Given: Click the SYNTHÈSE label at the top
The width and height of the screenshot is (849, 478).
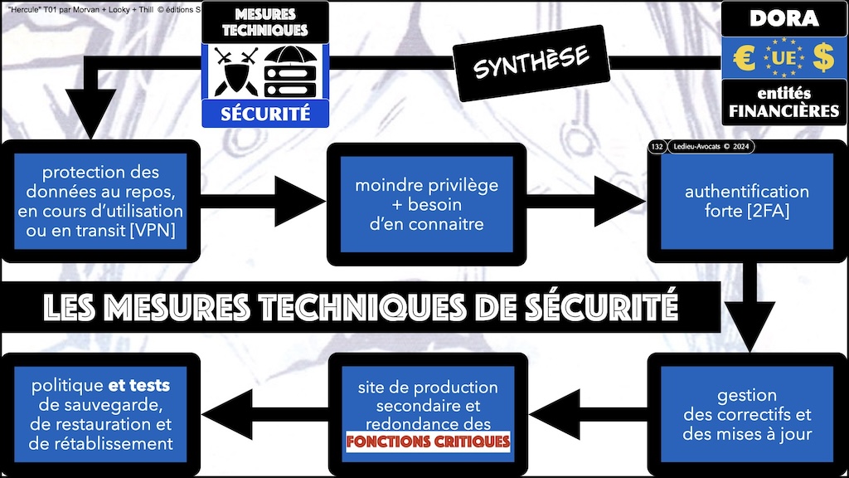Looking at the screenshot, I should pos(531,62).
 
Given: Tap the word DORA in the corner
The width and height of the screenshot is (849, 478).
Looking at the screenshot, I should pos(784,18).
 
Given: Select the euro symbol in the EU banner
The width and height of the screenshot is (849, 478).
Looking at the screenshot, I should pos(744,58).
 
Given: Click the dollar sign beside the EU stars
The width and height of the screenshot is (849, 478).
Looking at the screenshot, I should pos(822,58).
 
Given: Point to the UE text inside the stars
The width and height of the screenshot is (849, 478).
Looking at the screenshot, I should pos(784,58).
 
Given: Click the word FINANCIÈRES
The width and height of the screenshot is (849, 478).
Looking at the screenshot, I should pos(784,110).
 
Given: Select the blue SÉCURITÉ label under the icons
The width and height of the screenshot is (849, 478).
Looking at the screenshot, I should pos(265,113).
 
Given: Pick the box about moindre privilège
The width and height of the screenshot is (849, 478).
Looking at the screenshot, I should pos(426,204).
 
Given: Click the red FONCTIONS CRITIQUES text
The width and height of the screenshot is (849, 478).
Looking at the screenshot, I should pos(427,441).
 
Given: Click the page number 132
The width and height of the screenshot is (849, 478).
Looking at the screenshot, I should pos(657,147).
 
